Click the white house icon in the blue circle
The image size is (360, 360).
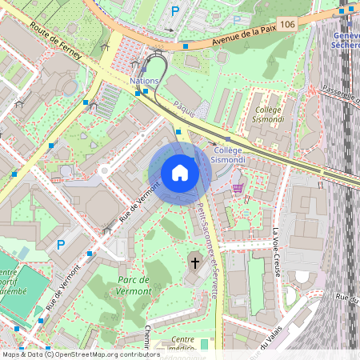click(180, 173)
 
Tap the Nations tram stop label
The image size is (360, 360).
click(144, 81)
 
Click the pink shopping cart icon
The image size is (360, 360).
click(238, 187)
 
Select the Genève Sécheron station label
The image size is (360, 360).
click(345, 40)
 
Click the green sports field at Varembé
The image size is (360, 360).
click(11, 284)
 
